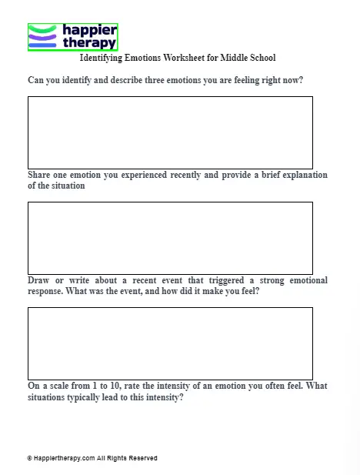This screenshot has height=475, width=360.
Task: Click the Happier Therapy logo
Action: (x=72, y=36)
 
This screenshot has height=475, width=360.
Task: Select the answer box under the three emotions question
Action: (x=170, y=132)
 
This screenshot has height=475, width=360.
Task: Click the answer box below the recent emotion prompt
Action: (x=170, y=237)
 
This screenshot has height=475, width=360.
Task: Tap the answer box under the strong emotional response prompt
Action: (x=170, y=343)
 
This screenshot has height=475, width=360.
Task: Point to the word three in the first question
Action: (x=171, y=80)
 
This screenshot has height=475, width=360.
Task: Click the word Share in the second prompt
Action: (x=40, y=175)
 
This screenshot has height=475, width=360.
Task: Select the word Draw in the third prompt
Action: (x=39, y=280)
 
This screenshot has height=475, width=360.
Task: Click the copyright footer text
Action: (x=92, y=458)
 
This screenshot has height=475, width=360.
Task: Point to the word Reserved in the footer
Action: (x=143, y=458)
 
